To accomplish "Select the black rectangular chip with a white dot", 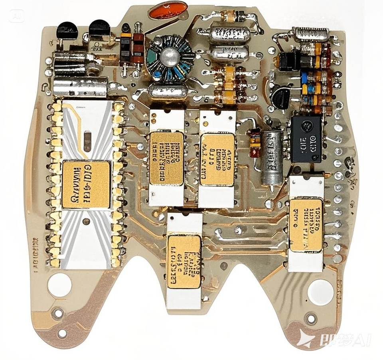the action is coord(306,139).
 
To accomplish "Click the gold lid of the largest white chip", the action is coord(86,184).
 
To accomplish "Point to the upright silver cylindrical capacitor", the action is coord(272,158).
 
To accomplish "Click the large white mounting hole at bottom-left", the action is coord(59,284).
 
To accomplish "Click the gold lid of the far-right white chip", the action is coord(306,225).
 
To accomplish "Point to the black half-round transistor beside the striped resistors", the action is coord(282,98).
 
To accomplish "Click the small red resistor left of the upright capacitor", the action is coord(254,143).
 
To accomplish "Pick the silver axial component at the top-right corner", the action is coord(311,35).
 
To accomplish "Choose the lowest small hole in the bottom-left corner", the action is coord(62,333).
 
